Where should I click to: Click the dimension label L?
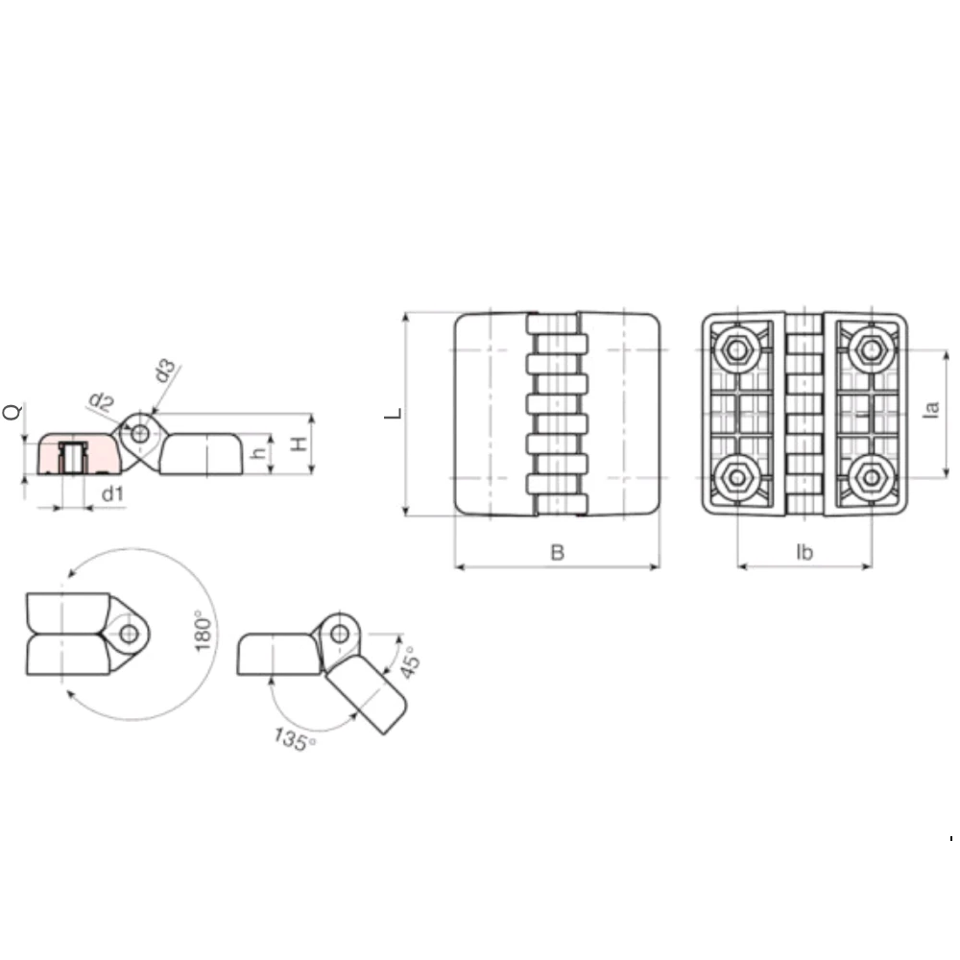pyautogui.click(x=393, y=414)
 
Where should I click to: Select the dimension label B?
pyautogui.click(x=557, y=552)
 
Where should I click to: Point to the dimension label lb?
pyautogui.click(x=804, y=552)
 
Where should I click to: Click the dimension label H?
pyautogui.click(x=299, y=444)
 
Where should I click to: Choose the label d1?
pyautogui.click(x=112, y=493)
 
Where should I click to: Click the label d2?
pyautogui.click(x=102, y=402)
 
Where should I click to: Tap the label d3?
pyautogui.click(x=165, y=371)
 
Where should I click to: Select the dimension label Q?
pyautogui.click(x=12, y=412)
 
